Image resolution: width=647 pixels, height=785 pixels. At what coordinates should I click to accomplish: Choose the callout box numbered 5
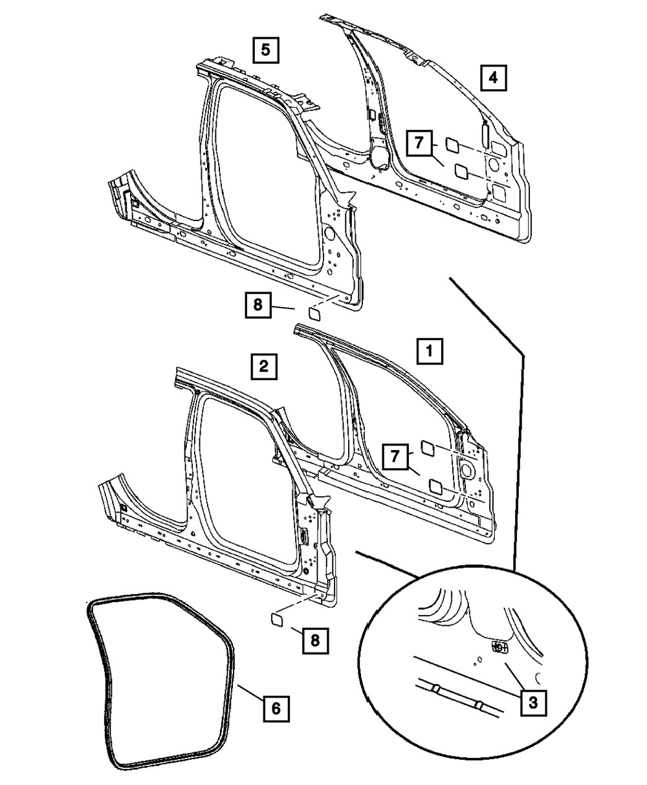266,49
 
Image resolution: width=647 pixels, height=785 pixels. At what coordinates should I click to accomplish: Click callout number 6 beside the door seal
276,709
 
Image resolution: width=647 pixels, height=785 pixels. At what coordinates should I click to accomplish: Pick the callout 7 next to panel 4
419,143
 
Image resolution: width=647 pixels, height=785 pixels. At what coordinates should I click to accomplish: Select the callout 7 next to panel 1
394,457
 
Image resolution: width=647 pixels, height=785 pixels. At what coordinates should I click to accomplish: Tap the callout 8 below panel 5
258,304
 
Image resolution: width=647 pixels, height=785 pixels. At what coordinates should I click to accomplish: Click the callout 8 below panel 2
314,640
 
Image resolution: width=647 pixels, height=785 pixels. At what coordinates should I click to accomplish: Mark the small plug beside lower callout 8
278,620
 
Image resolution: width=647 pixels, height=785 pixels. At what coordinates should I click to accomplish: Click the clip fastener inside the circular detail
499,647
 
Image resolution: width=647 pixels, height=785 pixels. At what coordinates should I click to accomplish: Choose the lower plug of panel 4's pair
462,171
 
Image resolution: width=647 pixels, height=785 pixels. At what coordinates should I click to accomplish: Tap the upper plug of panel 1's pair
428,446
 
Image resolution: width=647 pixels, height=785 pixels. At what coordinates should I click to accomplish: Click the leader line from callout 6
249,694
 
